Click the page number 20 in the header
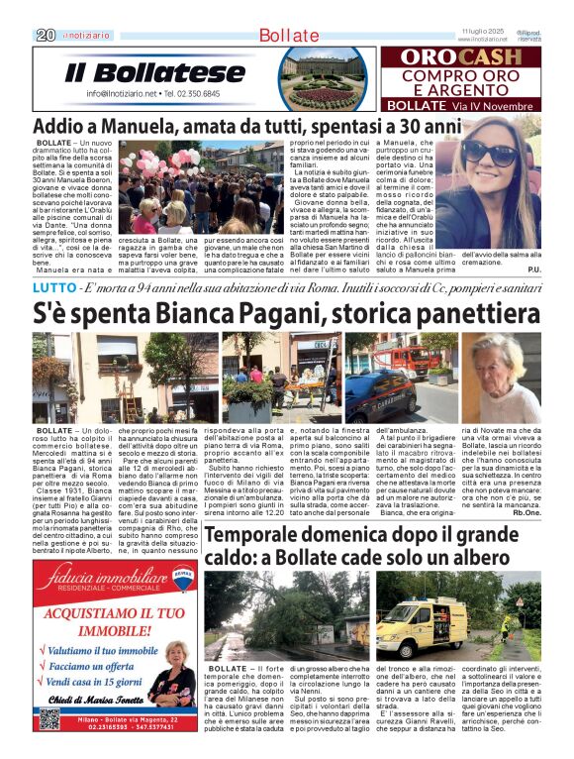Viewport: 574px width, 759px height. (x=45, y=35)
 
